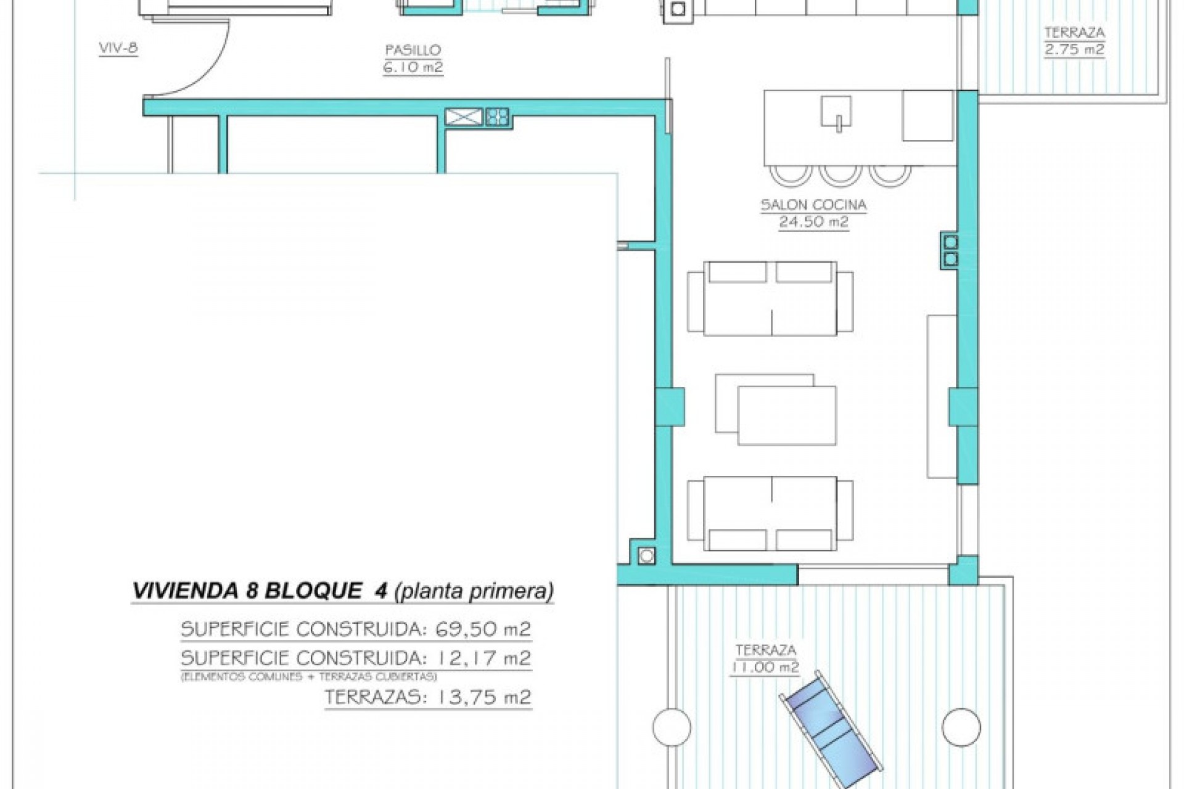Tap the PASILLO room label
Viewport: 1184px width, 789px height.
coord(413,51)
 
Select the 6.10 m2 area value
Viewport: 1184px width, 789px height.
coord(413,68)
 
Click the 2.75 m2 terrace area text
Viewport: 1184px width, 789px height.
coord(1074,49)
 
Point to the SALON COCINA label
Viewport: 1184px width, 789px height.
coord(813,205)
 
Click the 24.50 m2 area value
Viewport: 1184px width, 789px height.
coord(813,222)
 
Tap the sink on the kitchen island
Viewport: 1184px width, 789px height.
coord(837,113)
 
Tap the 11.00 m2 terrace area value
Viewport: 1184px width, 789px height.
coord(765,668)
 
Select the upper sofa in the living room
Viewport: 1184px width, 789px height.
coord(770,299)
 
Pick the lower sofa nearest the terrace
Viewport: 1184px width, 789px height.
coord(770,513)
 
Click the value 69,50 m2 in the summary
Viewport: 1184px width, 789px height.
coord(483,629)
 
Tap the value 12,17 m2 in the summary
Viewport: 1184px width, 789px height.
coord(483,658)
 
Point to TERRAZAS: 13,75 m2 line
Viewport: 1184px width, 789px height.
coord(427,698)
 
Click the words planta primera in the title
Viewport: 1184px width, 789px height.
coord(473,591)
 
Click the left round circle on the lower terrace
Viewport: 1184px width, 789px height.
coord(672,727)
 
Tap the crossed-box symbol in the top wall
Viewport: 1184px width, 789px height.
coord(463,117)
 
